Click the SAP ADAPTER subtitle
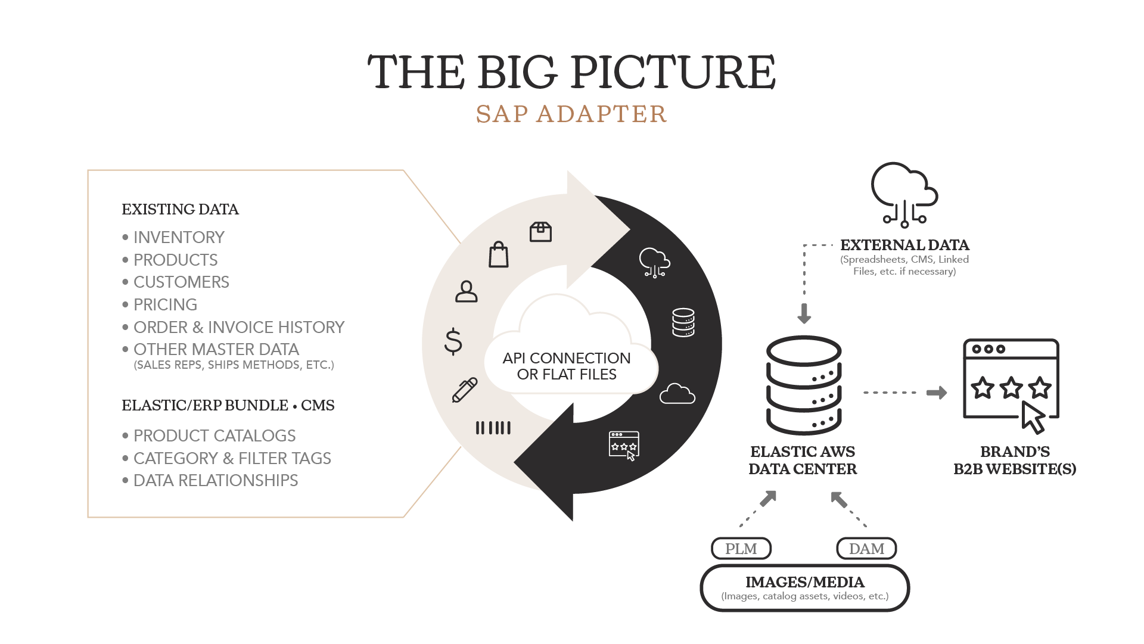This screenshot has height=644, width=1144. pos(571,114)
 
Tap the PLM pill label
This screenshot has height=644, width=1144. pos(741,549)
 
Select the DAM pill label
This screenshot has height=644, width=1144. pos(866,549)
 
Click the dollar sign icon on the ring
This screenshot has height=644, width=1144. pos(453,341)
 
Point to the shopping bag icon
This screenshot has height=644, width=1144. pos(499,255)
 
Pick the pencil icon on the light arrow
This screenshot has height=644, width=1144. pos(465,390)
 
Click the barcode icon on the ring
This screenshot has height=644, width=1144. pos(493,428)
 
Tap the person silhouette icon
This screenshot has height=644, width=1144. pos(467,291)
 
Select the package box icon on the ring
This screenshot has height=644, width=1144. pos(540,232)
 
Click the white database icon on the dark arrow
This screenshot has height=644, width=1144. pos(683,322)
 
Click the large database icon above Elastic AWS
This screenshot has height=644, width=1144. pos(804,385)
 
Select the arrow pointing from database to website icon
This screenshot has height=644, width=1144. pos(937,393)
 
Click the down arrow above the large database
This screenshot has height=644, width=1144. pos(804,313)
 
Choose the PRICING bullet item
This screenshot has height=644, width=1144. pos(165,304)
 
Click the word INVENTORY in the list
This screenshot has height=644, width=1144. pos(179,237)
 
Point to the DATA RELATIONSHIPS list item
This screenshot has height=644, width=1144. pos(216,480)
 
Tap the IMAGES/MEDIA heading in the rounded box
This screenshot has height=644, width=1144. pos(805,582)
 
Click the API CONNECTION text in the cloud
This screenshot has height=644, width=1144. pos(567,358)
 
